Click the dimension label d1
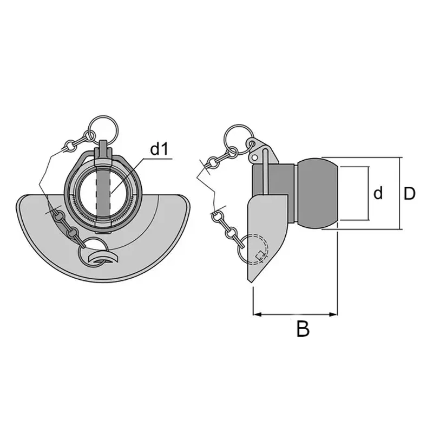[x=159, y=149]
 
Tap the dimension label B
[x=303, y=329]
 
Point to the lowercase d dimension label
[x=378, y=193]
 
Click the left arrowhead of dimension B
[x=258, y=314]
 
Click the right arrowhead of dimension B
[x=333, y=314]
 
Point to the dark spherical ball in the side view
[x=318, y=193]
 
